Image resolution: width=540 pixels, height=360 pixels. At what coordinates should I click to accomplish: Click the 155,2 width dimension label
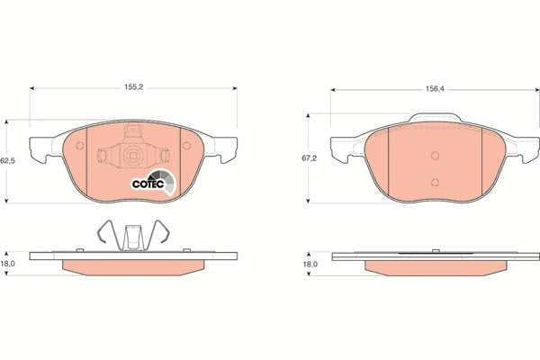(133, 87)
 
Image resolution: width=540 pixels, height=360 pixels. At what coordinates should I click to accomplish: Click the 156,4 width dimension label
(435, 89)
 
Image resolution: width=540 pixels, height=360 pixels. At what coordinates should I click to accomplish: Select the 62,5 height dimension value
(7, 160)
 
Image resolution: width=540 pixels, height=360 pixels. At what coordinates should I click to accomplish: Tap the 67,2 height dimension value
(310, 158)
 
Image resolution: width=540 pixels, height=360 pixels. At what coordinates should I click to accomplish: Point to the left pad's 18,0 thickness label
(7, 264)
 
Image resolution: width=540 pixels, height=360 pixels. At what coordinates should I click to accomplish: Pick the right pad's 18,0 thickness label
(310, 265)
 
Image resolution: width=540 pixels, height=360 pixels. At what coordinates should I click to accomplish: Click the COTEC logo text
(148, 184)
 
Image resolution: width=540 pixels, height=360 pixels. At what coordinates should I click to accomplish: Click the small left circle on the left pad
(80, 146)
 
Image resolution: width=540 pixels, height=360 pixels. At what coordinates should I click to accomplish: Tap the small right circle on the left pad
(186, 146)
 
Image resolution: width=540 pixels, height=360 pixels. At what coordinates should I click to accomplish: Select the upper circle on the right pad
(435, 156)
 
